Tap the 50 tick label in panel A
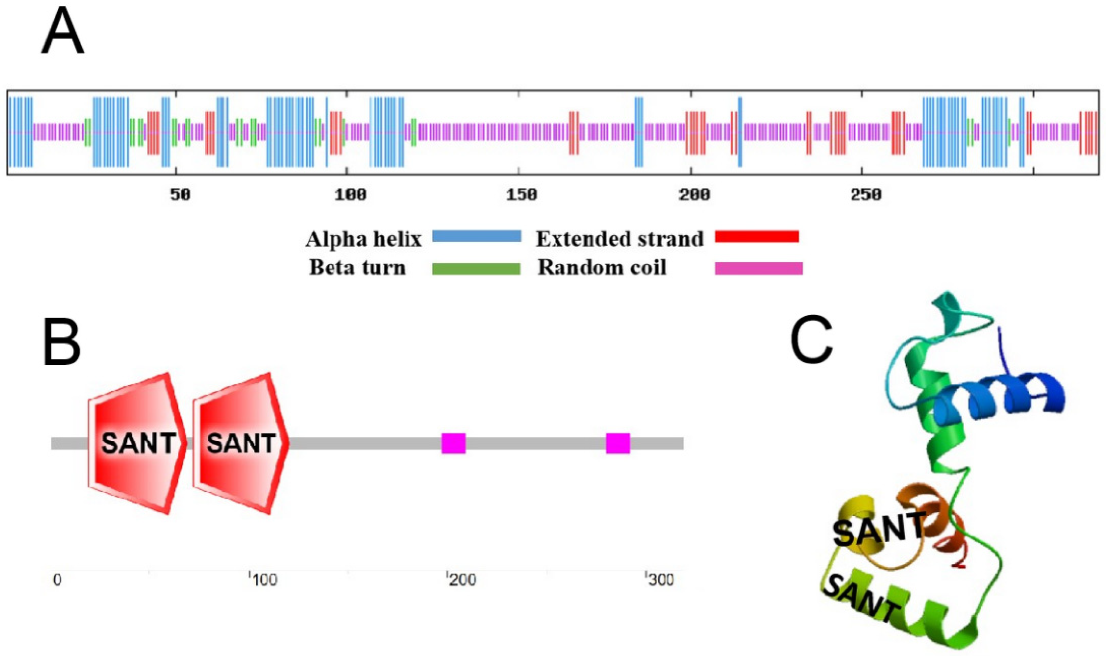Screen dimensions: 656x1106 180,194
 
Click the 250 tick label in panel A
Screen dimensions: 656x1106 865,194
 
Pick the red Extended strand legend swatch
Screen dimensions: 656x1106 756,237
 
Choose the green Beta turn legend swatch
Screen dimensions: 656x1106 476,269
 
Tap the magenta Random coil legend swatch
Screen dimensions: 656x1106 758,269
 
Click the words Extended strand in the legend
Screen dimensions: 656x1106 619,239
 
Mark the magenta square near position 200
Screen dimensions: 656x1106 453,443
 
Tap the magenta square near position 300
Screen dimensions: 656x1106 617,443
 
